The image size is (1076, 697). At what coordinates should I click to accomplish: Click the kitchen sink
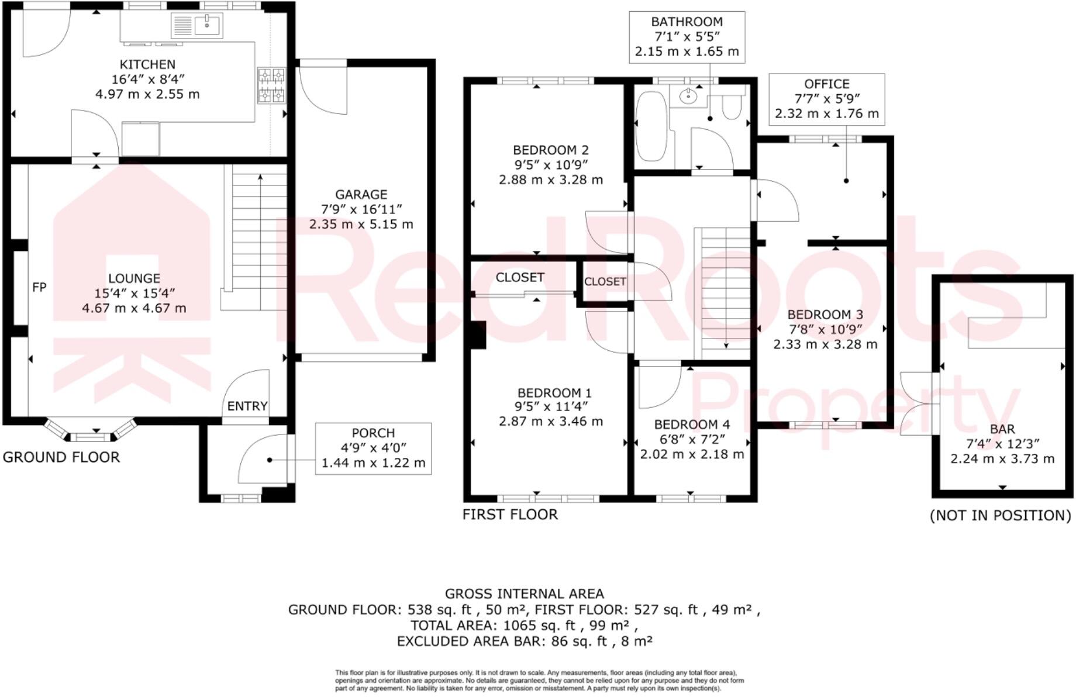196,25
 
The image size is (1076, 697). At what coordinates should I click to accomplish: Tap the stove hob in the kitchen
271,85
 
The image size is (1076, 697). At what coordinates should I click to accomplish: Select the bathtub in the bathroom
651,126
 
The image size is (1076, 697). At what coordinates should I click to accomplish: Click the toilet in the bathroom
732,108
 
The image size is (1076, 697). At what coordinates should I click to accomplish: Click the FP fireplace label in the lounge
39,287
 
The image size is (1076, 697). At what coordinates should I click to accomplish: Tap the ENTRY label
247,406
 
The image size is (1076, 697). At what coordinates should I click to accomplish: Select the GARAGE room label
361,194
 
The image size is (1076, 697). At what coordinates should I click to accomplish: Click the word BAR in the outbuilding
1002,429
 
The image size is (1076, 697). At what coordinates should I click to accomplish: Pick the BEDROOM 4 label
692,424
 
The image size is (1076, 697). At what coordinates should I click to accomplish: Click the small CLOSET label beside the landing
605,281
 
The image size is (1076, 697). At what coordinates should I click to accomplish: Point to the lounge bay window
91,430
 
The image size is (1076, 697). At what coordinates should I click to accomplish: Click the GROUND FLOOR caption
61,457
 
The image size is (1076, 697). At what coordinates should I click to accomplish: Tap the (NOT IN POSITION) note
1000,515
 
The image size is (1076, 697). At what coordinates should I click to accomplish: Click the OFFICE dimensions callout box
826,99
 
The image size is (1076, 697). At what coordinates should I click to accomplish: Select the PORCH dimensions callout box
373,448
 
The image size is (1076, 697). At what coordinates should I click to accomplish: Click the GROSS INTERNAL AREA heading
524,594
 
